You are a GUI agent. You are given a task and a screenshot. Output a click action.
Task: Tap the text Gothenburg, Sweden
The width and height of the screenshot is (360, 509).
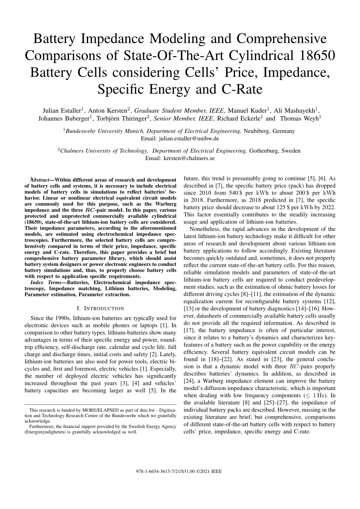click(x=275, y=151)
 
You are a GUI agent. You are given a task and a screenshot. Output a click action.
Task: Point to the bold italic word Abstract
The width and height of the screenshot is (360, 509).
click(x=41, y=180)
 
